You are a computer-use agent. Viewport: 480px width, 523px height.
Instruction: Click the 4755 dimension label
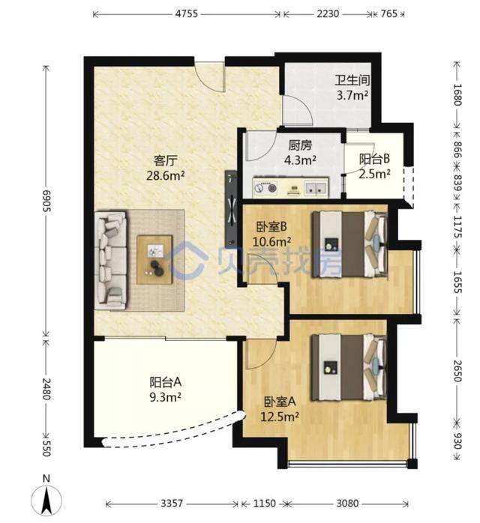point(187,13)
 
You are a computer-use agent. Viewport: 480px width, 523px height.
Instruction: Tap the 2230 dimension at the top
point(328,13)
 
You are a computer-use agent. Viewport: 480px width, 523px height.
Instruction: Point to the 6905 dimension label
point(46,201)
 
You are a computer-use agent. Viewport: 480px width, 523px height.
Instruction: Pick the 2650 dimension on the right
point(457,371)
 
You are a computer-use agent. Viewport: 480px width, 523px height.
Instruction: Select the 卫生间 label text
point(352,80)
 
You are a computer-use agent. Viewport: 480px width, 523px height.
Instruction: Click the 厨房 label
point(301,145)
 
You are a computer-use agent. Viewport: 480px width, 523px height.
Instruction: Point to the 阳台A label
point(166,382)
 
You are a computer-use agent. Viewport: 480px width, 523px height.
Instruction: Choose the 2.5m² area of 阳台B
point(374,174)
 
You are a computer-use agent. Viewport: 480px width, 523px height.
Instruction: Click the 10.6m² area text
point(271,241)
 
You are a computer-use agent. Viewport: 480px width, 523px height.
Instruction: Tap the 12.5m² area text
point(280,417)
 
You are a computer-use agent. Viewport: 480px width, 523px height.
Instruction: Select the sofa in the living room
point(111,260)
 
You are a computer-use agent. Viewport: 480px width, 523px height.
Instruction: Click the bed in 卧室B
point(349,244)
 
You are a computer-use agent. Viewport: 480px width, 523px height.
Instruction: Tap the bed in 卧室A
point(349,367)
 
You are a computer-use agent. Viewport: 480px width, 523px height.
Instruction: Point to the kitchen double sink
point(316,187)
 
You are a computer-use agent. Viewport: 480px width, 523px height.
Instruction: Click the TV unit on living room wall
point(231,210)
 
